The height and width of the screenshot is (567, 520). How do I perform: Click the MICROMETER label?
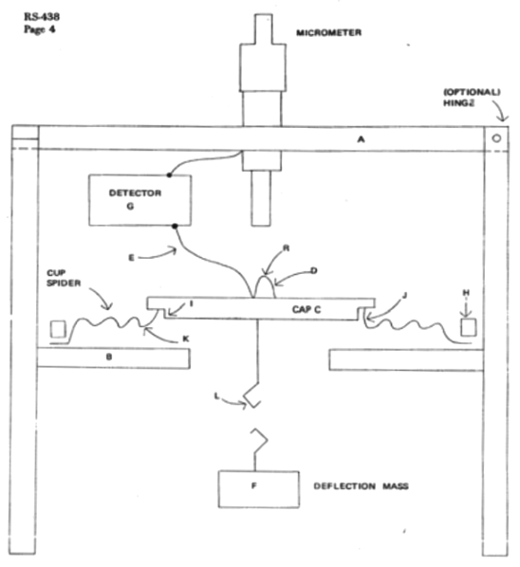328,33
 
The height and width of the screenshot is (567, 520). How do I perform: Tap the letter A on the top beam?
361,139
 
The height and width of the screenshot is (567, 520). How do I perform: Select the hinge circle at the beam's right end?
496,138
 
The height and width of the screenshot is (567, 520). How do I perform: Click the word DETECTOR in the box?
135,193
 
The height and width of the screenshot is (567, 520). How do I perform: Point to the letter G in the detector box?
130,206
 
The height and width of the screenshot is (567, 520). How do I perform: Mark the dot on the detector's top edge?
169,175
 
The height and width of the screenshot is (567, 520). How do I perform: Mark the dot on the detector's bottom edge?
175,227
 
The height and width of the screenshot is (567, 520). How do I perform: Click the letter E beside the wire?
131,258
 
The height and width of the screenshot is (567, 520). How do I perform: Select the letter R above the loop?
287,248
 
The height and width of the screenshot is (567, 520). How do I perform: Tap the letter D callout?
314,270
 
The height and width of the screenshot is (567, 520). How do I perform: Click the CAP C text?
306,309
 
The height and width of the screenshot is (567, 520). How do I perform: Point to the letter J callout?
404,296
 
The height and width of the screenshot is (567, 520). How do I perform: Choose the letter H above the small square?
466,292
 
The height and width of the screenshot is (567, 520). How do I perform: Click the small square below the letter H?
468,328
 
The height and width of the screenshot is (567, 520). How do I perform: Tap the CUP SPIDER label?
64,278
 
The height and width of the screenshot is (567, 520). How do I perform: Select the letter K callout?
186,338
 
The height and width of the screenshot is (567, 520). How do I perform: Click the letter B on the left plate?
109,357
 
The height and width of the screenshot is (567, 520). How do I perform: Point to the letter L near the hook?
216,396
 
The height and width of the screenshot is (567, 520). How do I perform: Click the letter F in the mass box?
253,486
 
